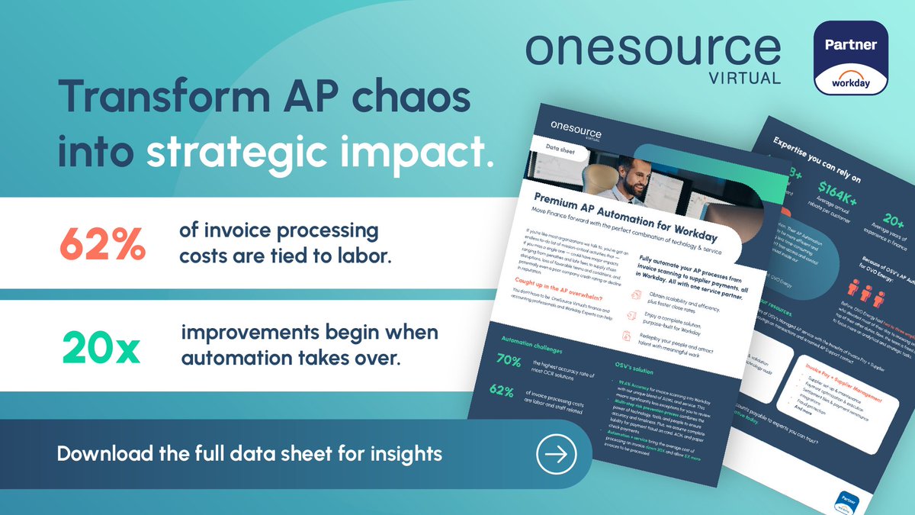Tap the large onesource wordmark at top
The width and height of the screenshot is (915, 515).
pyautogui.click(x=653, y=50)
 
